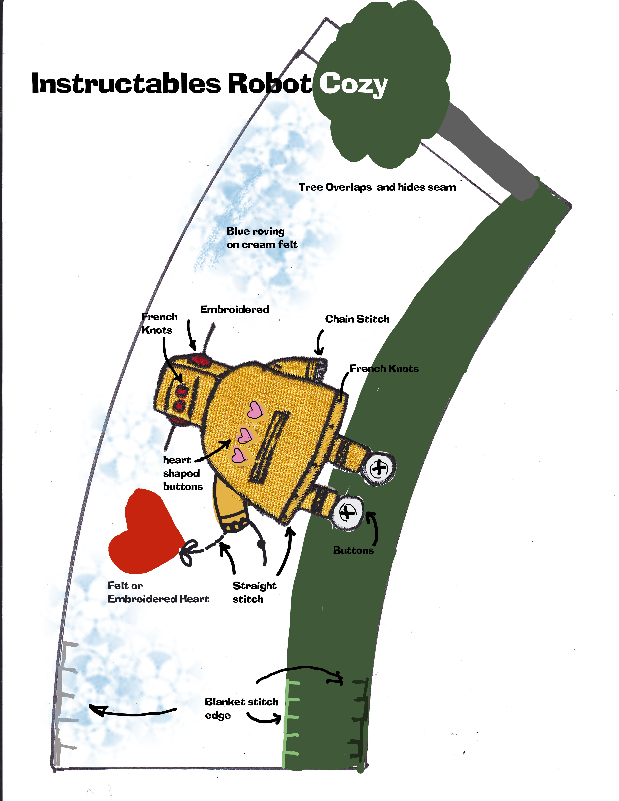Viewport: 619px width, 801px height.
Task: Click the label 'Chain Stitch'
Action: [x=357, y=319]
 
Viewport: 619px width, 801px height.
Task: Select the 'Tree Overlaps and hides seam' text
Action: [x=377, y=187]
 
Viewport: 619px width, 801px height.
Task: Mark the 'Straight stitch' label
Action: [x=254, y=592]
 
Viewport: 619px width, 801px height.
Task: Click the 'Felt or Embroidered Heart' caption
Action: [x=158, y=592]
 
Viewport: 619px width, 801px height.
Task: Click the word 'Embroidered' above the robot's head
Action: [x=235, y=310]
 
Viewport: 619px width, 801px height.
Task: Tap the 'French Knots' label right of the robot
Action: [x=384, y=369]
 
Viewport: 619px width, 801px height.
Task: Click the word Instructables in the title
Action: [x=126, y=83]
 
